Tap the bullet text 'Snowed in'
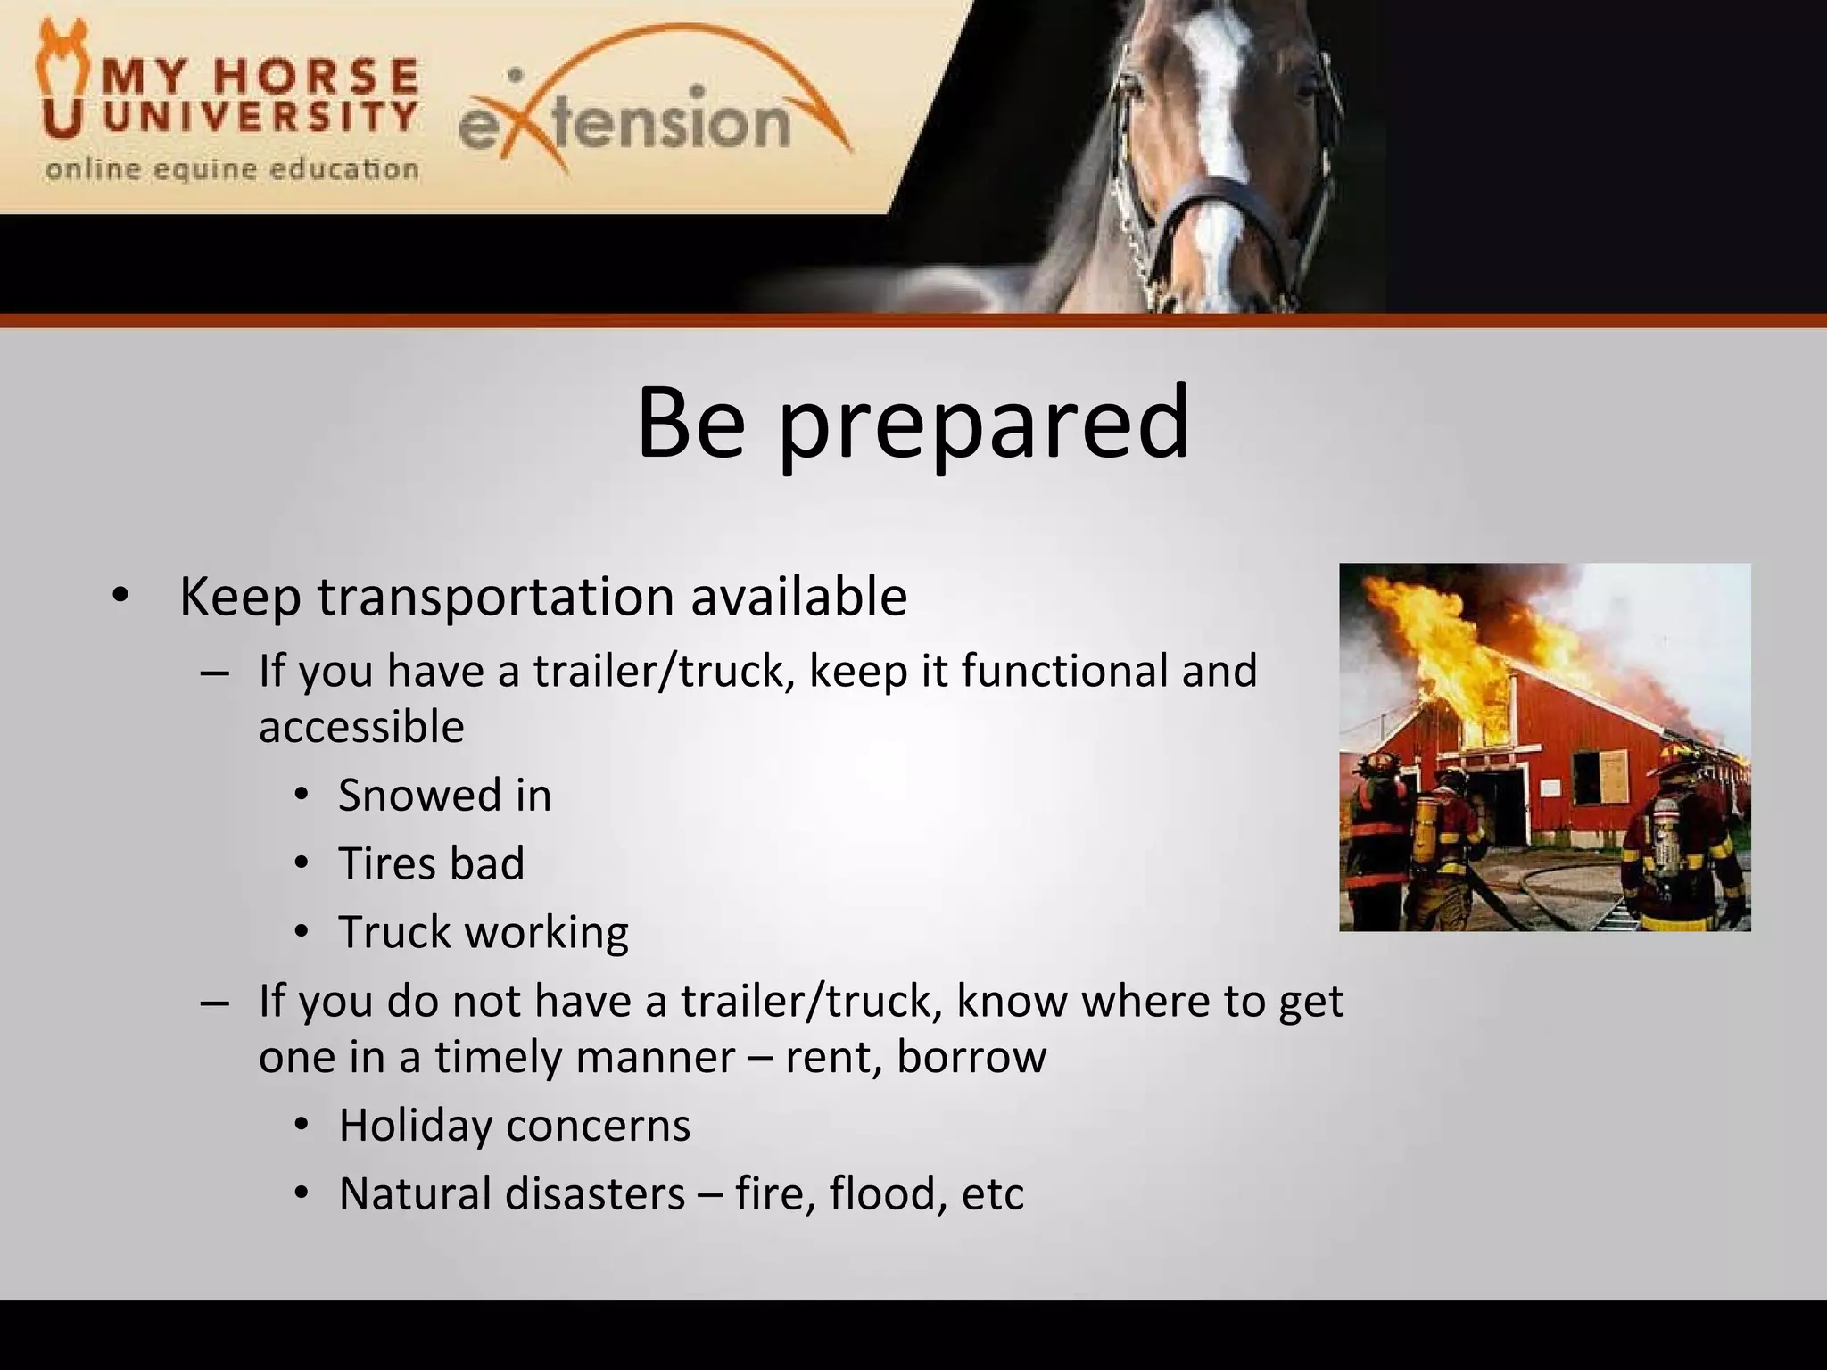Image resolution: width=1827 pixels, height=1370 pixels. tap(444, 795)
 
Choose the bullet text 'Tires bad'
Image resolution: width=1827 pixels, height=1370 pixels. tap(431, 863)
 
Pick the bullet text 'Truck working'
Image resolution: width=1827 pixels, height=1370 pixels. tap(483, 932)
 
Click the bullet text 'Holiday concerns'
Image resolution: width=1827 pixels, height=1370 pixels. tap(515, 1125)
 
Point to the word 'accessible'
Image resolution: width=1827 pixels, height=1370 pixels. tap(361, 727)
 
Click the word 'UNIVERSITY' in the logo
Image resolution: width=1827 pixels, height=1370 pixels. tap(259, 116)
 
